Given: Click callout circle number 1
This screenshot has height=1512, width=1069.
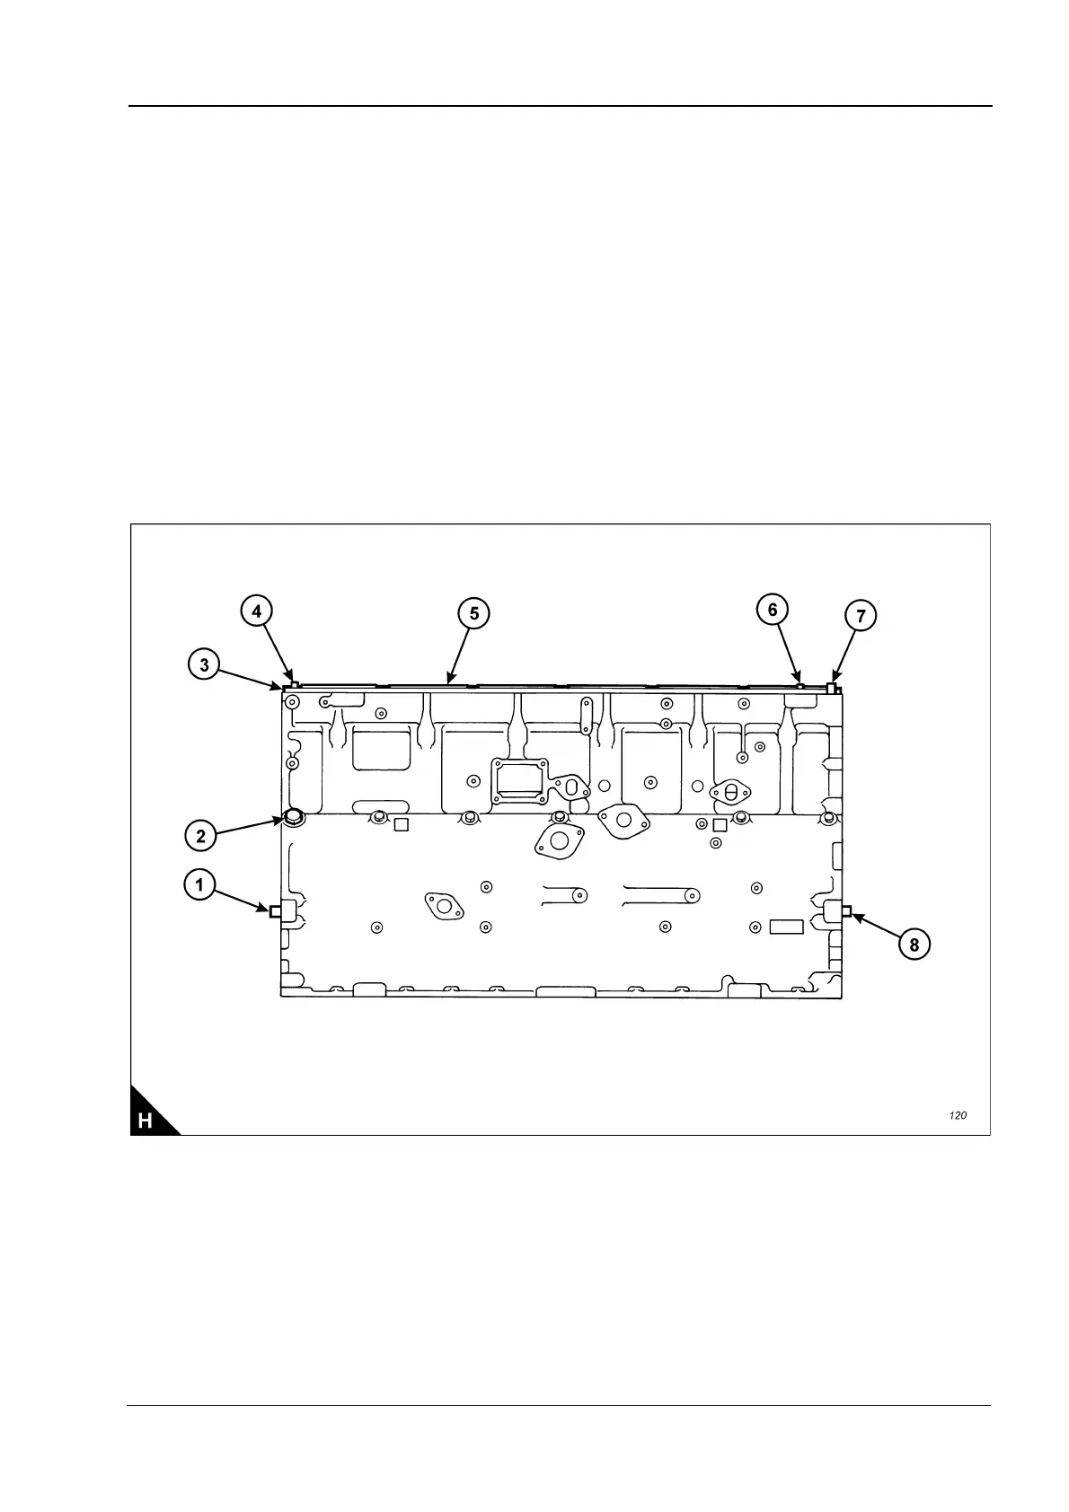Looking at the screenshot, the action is (x=199, y=885).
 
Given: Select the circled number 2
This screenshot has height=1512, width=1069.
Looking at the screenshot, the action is (x=200, y=836).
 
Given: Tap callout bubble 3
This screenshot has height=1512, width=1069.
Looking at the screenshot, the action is (x=205, y=664).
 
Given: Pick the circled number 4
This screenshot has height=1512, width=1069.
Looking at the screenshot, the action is (x=257, y=611).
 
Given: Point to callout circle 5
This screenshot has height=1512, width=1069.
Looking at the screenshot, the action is (x=474, y=613).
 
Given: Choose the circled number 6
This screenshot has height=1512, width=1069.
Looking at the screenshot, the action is (x=773, y=610).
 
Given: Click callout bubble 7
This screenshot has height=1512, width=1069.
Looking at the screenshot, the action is (x=861, y=616).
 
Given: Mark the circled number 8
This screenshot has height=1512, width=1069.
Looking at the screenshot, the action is (x=914, y=945).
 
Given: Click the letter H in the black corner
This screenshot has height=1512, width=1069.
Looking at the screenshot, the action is (x=146, y=1121).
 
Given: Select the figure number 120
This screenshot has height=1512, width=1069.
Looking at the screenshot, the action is (x=958, y=1115).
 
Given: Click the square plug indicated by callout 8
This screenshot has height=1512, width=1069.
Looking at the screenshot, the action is (x=845, y=912).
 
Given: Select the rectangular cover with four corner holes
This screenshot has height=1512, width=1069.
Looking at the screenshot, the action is (x=519, y=779).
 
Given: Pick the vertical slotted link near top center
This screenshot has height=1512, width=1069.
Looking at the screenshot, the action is (x=587, y=716).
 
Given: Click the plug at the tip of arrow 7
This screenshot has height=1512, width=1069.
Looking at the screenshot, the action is (x=832, y=688).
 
